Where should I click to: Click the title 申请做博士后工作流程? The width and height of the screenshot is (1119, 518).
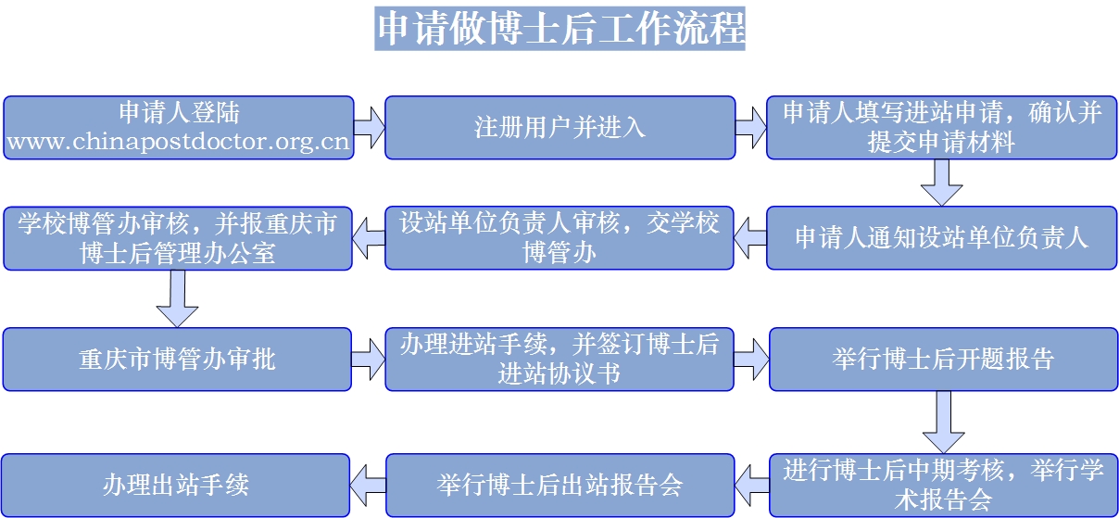[x=559, y=28]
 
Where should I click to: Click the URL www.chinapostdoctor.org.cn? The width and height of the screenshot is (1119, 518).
[x=178, y=142]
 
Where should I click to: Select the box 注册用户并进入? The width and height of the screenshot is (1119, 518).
[x=559, y=127]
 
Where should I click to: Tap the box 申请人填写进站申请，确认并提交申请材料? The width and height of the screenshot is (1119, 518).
[x=941, y=127]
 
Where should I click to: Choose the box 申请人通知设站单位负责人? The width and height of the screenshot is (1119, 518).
[x=941, y=237]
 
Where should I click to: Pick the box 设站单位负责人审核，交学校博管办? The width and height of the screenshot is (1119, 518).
[x=559, y=237]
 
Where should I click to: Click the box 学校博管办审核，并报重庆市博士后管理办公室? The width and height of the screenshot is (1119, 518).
[x=178, y=237]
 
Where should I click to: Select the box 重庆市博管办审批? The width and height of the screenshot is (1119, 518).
[x=178, y=359]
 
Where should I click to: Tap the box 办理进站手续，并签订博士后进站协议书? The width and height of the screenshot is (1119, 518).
[x=559, y=359]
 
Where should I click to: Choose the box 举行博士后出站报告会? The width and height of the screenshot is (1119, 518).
[x=559, y=485]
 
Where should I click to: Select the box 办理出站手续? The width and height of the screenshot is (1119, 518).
[x=176, y=485]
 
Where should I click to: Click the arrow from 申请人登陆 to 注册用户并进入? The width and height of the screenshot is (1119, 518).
[x=369, y=127]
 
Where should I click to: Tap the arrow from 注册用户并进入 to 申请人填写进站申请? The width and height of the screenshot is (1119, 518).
[x=751, y=127]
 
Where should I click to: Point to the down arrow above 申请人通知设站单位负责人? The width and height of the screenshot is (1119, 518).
[x=941, y=182]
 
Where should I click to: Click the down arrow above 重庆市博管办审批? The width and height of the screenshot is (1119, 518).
[x=177, y=297]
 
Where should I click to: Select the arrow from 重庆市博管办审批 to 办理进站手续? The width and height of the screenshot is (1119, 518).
[x=369, y=359]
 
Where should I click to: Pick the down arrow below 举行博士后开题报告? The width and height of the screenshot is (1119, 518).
[x=943, y=421]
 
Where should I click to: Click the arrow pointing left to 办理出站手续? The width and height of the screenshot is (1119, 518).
[x=369, y=485]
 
